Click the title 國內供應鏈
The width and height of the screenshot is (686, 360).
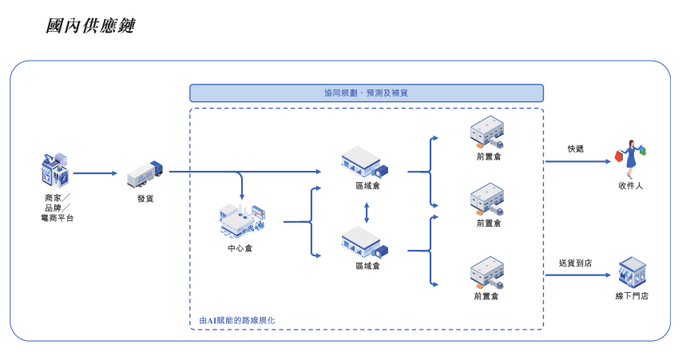[90, 26]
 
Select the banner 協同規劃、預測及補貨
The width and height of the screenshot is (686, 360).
[367, 93]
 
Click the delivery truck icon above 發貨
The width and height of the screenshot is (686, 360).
[145, 175]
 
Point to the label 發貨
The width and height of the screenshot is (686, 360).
[145, 199]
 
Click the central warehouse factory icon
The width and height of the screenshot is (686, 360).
[241, 220]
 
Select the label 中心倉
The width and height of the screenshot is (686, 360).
[240, 248]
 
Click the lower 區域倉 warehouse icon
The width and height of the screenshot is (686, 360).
[365, 243]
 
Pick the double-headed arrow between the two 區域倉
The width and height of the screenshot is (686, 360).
[367, 212]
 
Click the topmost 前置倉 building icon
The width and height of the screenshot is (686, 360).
[488, 133]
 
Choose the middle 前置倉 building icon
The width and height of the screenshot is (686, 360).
[488, 200]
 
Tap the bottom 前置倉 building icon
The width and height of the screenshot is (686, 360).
[487, 274]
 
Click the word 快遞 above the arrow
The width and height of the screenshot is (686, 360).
[576, 148]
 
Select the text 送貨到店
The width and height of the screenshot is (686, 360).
[575, 263]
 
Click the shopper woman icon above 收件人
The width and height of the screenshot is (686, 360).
[630, 158]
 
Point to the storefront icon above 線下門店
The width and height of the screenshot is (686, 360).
[632, 272]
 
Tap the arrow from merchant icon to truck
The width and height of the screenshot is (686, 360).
[95, 172]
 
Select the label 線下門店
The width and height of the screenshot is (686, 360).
[632, 296]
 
